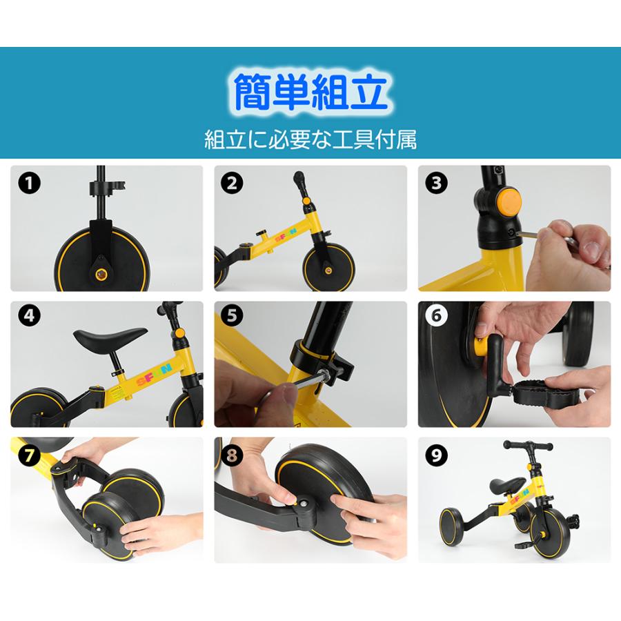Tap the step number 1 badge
(x=28, y=184)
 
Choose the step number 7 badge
(x=28, y=455)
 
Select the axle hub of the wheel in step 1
(x=101, y=274)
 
